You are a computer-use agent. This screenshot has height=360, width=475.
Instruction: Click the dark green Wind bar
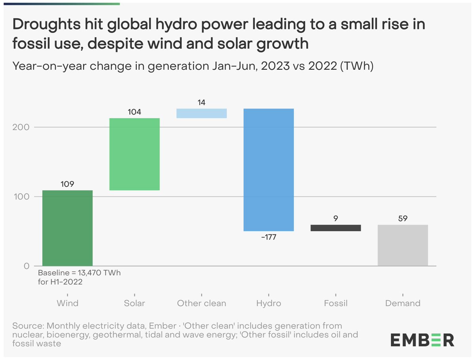(x=67, y=228)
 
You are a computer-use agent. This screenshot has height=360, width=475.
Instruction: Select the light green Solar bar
(x=134, y=154)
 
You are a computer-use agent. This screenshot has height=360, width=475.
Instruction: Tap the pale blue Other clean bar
(x=201, y=113)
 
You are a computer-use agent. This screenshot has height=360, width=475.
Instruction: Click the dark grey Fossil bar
(x=336, y=228)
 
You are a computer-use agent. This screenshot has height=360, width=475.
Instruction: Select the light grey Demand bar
(x=403, y=246)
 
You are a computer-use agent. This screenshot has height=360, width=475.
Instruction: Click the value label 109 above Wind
(x=67, y=184)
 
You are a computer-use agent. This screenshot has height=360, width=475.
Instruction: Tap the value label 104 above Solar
(x=134, y=112)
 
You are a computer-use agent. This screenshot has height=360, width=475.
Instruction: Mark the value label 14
(x=201, y=102)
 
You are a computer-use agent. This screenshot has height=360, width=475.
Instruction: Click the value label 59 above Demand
(x=403, y=219)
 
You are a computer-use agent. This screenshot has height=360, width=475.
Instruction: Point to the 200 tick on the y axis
(x=23, y=127)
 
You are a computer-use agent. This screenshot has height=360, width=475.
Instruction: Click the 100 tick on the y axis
(x=23, y=197)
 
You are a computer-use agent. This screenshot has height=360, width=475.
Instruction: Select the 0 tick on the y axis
(x=27, y=266)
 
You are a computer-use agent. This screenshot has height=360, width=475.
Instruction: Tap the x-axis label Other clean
(x=201, y=303)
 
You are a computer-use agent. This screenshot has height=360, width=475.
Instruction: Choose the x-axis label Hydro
(x=268, y=303)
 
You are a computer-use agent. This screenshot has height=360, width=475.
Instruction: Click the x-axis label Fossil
(x=336, y=303)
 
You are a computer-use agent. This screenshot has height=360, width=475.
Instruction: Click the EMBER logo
(x=422, y=339)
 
